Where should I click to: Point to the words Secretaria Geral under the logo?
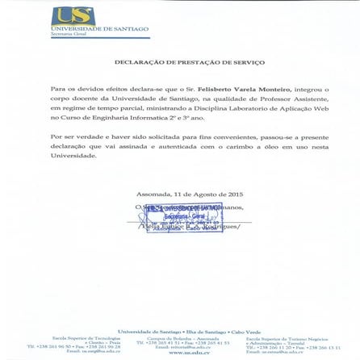pos(64,35)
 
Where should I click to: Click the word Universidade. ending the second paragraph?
pos(73,155)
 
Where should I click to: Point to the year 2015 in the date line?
pos(235,195)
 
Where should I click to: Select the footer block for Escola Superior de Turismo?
pos(292,343)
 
